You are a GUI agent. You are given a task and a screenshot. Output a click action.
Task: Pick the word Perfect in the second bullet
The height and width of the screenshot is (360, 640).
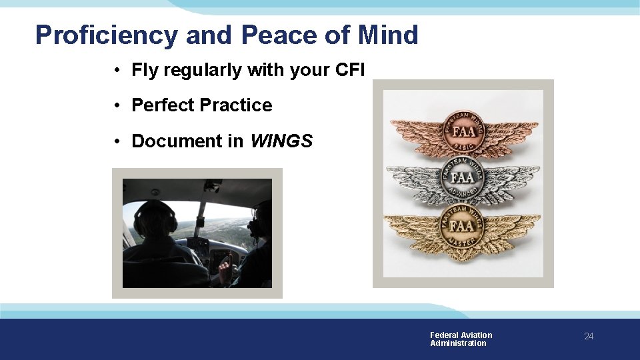pyautogui.click(x=163, y=105)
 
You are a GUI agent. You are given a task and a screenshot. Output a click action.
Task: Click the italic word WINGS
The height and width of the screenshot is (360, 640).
pyautogui.click(x=281, y=141)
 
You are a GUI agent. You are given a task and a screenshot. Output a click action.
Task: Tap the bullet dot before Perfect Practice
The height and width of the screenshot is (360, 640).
pyautogui.click(x=117, y=105)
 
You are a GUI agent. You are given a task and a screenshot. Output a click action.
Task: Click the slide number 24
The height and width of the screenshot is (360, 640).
pyautogui.click(x=589, y=336)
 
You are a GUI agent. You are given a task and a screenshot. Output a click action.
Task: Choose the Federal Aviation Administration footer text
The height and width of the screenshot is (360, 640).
pyautogui.click(x=461, y=339)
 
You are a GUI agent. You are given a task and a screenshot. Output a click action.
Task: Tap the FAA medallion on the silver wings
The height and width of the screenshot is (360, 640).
pyautogui.click(x=463, y=177)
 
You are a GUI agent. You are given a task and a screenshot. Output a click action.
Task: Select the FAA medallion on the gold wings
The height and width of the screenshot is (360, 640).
pyautogui.click(x=463, y=225)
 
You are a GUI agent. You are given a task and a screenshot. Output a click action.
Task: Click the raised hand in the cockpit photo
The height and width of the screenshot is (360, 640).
pyautogui.click(x=225, y=269)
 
